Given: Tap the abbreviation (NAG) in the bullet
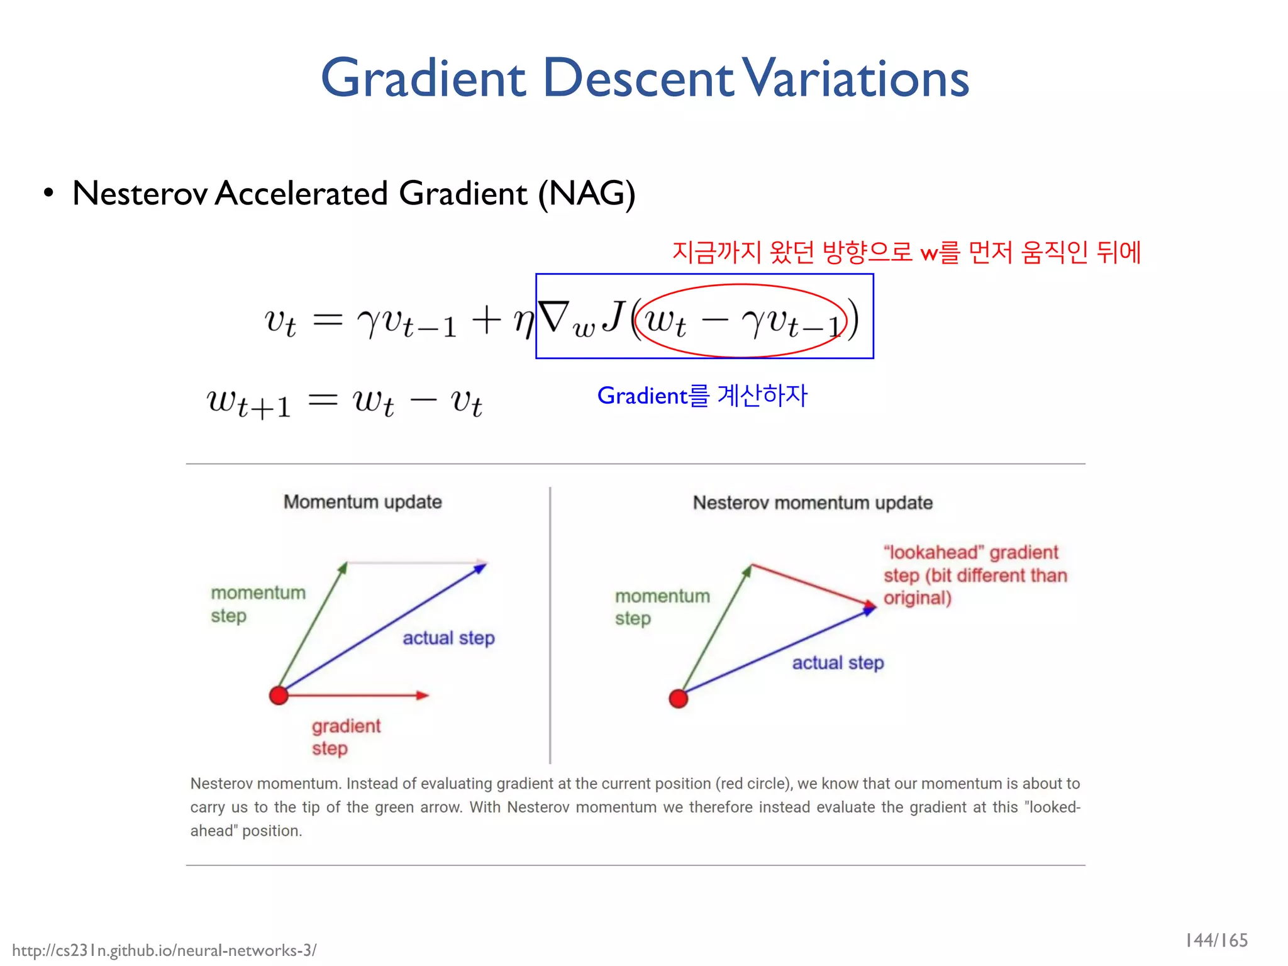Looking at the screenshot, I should click(x=586, y=193).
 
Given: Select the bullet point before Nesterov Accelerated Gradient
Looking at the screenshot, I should click(x=48, y=193).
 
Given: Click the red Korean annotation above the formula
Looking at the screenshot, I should click(x=906, y=252).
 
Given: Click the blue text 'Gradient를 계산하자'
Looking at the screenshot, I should click(x=702, y=396).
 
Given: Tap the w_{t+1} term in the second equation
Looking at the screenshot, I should click(x=249, y=402).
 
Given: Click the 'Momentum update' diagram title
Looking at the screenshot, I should click(x=362, y=502).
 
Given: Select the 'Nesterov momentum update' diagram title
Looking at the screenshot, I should click(x=813, y=502).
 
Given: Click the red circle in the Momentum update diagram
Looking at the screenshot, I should click(x=279, y=695).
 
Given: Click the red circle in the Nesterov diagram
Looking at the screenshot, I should click(x=679, y=698).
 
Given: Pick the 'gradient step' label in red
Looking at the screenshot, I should click(x=345, y=737).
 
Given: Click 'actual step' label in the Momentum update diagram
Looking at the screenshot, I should click(x=448, y=638).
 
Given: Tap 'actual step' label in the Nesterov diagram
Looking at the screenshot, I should click(x=838, y=663).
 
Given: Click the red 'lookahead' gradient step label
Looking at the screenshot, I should click(x=975, y=575).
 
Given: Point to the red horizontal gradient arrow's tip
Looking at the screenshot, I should click(x=426, y=695).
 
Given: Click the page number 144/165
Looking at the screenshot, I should click(x=1216, y=940).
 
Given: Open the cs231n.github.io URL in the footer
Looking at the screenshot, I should click(x=165, y=950).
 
